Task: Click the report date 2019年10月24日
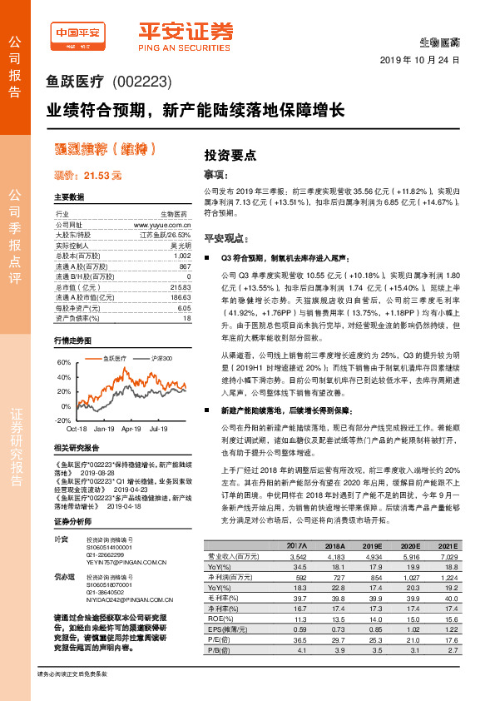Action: pyautogui.click(x=420, y=61)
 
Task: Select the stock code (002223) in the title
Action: pyautogui.click(x=140, y=82)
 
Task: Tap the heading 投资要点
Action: pyautogui.click(x=230, y=155)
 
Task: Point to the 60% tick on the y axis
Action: pyautogui.click(x=64, y=364)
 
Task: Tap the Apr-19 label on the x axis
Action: pyautogui.click(x=131, y=429)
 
